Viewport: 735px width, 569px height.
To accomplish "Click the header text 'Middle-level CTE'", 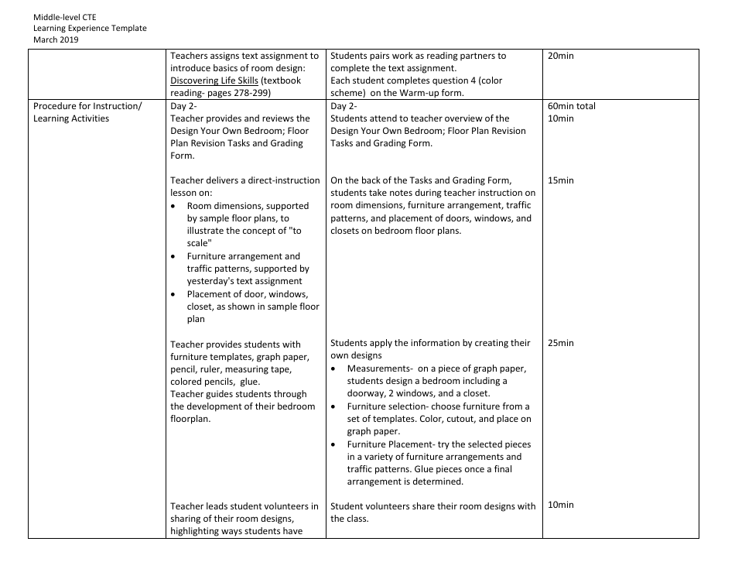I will pos(66,16).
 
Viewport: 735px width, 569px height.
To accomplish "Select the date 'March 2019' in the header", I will pos(56,39).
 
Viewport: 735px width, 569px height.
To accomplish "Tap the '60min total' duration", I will pos(571,106).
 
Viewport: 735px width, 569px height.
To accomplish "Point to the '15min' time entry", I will pos(560,180).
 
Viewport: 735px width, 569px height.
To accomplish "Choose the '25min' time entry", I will pos(560,343).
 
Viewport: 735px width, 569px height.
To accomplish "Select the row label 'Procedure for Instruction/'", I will pos(87,106).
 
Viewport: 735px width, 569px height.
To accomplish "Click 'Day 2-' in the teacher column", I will pos(184,106).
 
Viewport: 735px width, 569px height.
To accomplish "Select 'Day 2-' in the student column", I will pos(344,106).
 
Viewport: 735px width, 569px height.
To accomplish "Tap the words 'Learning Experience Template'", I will pos(90,28).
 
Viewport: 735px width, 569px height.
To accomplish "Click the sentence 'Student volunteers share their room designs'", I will pos(432,506).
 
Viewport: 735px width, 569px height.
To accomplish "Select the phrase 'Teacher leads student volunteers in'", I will pos(244,506).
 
